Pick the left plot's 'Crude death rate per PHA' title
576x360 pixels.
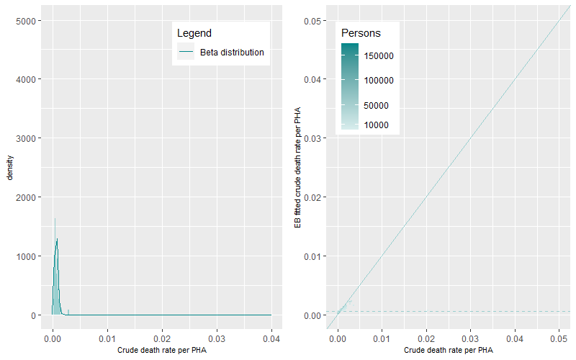[x=161, y=350]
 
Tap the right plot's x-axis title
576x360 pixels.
[x=449, y=350]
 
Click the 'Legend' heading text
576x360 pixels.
[x=194, y=33]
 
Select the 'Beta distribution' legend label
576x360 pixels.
[x=231, y=53]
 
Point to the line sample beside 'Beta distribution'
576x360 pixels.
[x=186, y=53]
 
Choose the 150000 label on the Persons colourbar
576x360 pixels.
[x=377, y=55]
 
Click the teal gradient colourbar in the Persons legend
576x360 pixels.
[x=349, y=86]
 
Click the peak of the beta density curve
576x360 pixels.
[x=57, y=239]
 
